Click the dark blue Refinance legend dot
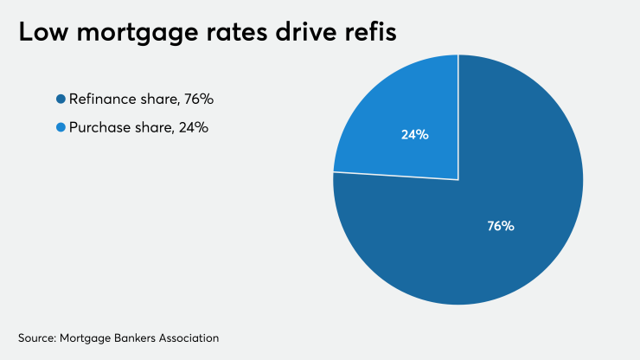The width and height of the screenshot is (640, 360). (x=61, y=100)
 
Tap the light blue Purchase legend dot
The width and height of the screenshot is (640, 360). (x=61, y=128)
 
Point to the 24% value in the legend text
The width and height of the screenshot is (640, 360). (x=194, y=128)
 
